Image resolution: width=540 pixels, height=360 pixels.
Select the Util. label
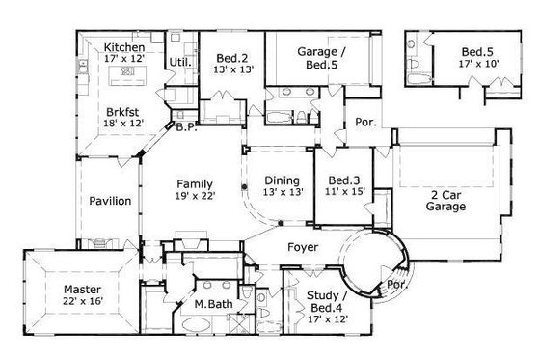(178, 63)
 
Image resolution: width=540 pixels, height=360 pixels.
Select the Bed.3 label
(344, 180)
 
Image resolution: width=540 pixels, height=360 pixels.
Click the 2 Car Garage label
(447, 200)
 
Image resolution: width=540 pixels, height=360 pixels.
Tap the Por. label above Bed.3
(366, 124)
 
